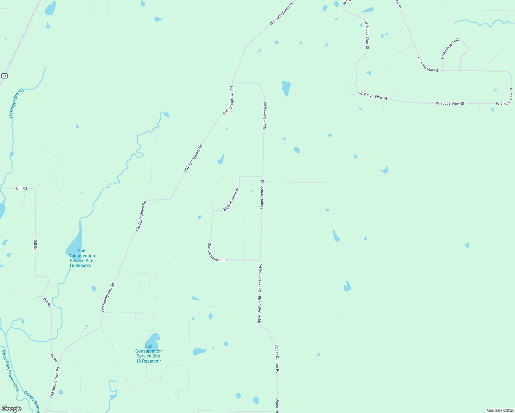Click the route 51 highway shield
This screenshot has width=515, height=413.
click(4, 75)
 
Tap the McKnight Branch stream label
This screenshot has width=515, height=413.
click(17, 104)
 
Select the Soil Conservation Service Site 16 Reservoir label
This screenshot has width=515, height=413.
click(82, 258)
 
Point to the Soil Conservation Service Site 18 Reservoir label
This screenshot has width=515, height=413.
click(148, 354)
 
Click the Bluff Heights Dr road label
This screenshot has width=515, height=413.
click(231, 200)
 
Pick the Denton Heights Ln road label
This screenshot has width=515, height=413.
click(217, 252)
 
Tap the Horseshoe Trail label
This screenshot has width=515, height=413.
click(450, 49)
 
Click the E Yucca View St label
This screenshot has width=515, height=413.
click(428, 65)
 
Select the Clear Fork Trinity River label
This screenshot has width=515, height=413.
click(10, 371)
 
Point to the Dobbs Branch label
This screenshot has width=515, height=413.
click(32, 401)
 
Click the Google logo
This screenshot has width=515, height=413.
click(11, 409)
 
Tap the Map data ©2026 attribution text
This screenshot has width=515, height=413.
click(500, 410)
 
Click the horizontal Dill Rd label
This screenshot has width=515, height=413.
click(21, 188)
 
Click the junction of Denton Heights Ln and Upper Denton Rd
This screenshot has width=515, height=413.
click(260, 260)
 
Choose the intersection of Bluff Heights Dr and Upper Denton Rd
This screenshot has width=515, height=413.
click(263, 177)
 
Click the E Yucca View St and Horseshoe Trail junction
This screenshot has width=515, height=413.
click(442, 70)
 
